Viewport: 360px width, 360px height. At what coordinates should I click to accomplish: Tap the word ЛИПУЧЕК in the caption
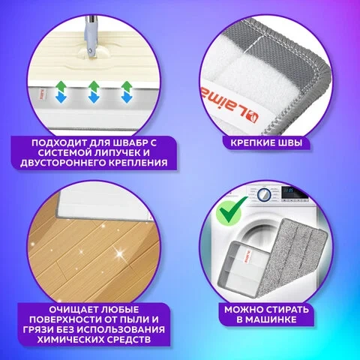pyautogui.click(x=112, y=153)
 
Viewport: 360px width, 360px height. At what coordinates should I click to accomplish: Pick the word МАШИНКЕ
pyautogui.click(x=270, y=319)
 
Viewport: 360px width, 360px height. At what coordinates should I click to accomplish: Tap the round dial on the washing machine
pyautogui.click(x=264, y=194)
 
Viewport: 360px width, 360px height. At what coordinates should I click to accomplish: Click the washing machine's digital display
pyautogui.click(x=291, y=191)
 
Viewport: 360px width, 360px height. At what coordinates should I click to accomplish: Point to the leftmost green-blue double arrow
pyautogui.click(x=61, y=92)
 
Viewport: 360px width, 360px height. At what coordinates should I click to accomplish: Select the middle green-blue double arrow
pyautogui.click(x=94, y=92)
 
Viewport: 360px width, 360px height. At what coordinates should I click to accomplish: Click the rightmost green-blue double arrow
pyautogui.click(x=126, y=92)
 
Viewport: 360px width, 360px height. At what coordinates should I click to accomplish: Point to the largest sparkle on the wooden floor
pyautogui.click(x=119, y=254)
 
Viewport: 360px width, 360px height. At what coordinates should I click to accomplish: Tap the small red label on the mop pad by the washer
pyautogui.click(x=248, y=256)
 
